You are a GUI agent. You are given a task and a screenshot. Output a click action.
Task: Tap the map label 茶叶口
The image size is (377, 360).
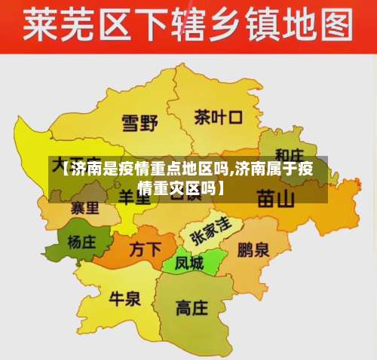[x=218, y=117]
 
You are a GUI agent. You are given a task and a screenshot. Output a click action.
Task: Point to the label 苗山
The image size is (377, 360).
[x=275, y=199]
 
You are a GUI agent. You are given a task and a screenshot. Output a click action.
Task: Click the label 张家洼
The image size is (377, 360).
[x=210, y=227]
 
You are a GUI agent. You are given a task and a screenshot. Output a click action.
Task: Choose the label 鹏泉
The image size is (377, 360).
[x=253, y=249]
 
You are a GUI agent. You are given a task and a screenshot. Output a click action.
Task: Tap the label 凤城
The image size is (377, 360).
[x=189, y=264]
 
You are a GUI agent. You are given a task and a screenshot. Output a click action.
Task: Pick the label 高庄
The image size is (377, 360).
[x=192, y=307]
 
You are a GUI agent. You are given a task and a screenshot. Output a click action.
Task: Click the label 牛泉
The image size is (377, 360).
[x=125, y=298]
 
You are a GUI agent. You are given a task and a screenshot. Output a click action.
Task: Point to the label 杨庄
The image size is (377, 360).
[x=83, y=243]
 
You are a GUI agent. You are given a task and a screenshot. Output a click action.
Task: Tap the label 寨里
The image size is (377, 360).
[x=84, y=206]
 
